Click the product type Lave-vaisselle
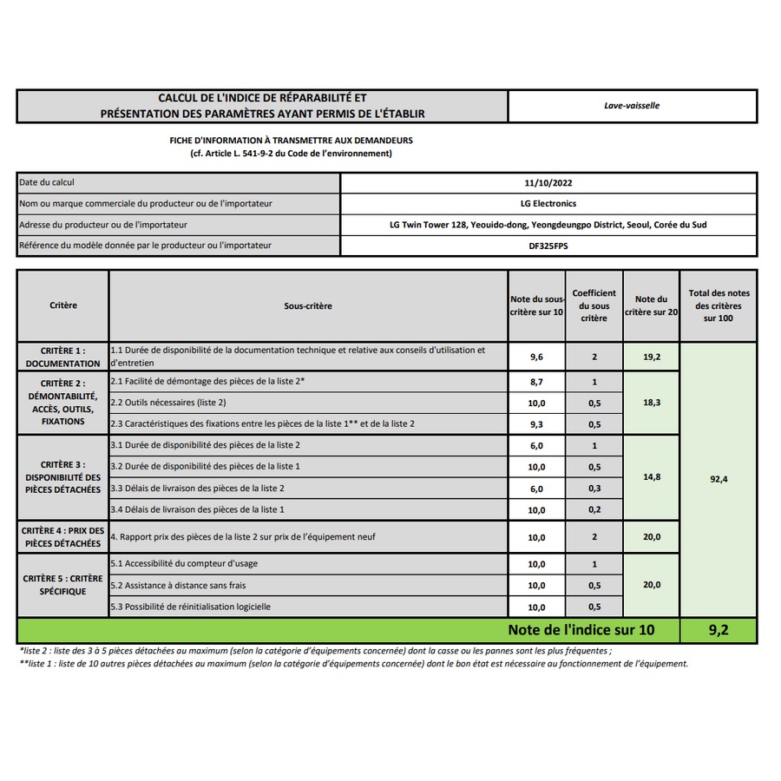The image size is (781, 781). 632,106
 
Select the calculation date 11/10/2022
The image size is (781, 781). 548,183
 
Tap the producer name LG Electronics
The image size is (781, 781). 548,204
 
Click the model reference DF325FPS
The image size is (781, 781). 548,246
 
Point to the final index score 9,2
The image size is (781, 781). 718,630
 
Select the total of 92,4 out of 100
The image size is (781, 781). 718,478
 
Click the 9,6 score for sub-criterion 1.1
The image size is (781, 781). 537,357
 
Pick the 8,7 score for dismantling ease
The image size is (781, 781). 537,382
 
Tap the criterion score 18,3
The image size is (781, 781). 651,404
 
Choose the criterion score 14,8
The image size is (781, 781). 651,476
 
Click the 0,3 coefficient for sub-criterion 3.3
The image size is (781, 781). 594,489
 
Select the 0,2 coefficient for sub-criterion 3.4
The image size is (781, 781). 594,509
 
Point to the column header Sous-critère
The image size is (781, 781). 308,305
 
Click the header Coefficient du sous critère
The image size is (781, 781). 594,305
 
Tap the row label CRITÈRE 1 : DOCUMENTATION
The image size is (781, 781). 62,358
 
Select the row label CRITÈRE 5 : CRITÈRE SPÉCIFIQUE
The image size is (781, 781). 62,585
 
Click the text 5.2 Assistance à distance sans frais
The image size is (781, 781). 178,586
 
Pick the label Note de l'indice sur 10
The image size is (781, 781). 581,630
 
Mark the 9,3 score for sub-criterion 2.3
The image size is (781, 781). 537,424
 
